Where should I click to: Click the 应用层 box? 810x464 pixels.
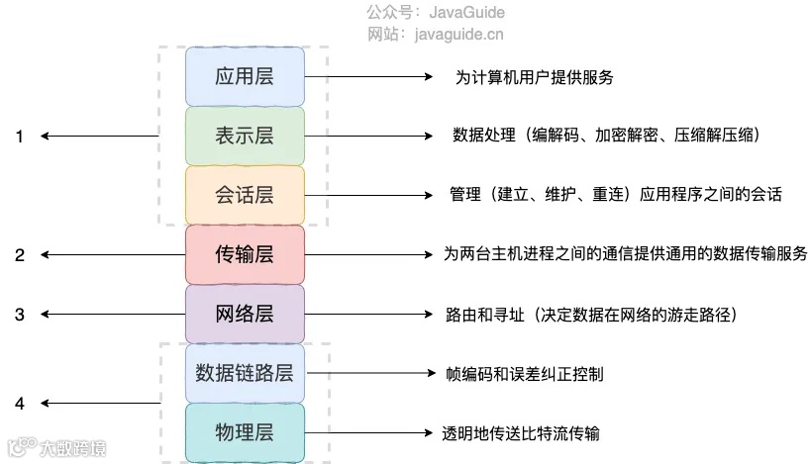(245, 76)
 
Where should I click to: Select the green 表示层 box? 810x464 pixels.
(245, 136)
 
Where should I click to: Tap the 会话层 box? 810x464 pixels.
(245, 195)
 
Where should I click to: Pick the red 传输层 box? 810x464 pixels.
(245, 255)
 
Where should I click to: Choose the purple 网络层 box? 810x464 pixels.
(245, 315)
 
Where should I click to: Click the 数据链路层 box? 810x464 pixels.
(245, 374)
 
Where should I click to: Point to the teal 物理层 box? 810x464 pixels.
(245, 433)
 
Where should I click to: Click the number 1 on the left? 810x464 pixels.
(19, 137)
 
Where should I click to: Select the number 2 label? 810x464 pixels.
(19, 255)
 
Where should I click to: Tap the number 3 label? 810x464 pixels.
(19, 315)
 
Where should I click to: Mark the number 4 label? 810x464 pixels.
(19, 404)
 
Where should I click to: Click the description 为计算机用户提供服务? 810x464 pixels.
(527, 76)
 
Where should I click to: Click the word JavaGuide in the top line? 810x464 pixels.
(466, 13)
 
